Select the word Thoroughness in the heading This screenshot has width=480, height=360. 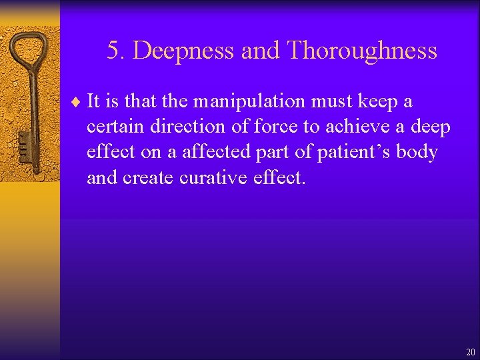coord(362,51)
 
